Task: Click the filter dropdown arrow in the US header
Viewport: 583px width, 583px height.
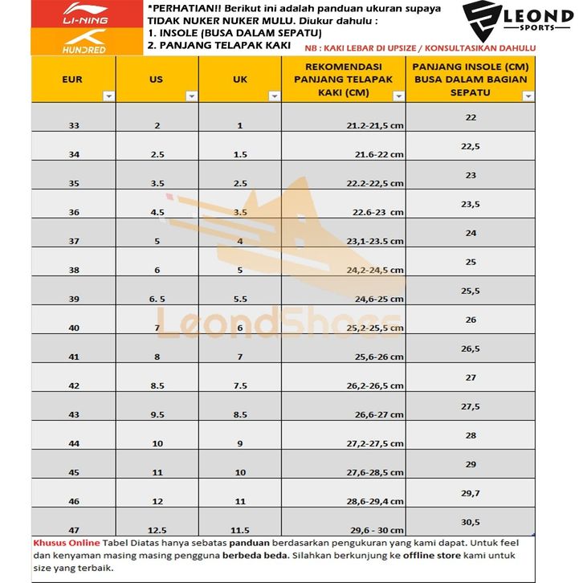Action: point(191,96)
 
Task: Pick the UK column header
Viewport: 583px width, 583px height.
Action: point(239,79)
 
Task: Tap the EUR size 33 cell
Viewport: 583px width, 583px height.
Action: point(75,126)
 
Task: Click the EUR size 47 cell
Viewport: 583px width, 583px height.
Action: point(75,530)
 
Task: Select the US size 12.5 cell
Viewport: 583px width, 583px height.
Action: point(157,530)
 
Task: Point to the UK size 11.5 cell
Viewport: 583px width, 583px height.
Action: point(240,530)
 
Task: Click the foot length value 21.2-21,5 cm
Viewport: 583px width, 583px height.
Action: point(375,126)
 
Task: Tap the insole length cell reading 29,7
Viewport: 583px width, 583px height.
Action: point(471,492)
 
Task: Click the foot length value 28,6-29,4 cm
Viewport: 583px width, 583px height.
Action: point(375,501)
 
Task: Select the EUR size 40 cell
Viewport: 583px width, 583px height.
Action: point(75,328)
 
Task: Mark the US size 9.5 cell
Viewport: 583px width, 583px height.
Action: point(157,414)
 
